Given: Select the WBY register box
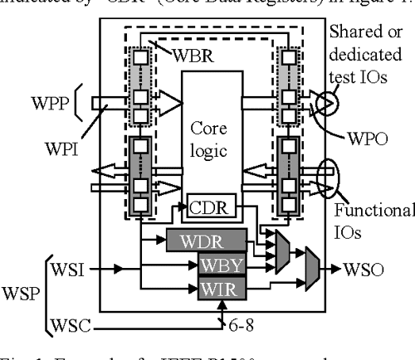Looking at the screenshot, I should (222, 266).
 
